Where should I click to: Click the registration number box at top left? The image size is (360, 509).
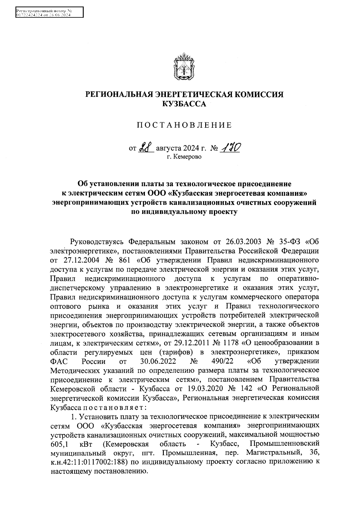coord(49,13)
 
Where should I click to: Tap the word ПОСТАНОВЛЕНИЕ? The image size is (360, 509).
coord(184,125)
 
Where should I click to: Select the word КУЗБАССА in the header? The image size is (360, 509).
coord(184,104)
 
